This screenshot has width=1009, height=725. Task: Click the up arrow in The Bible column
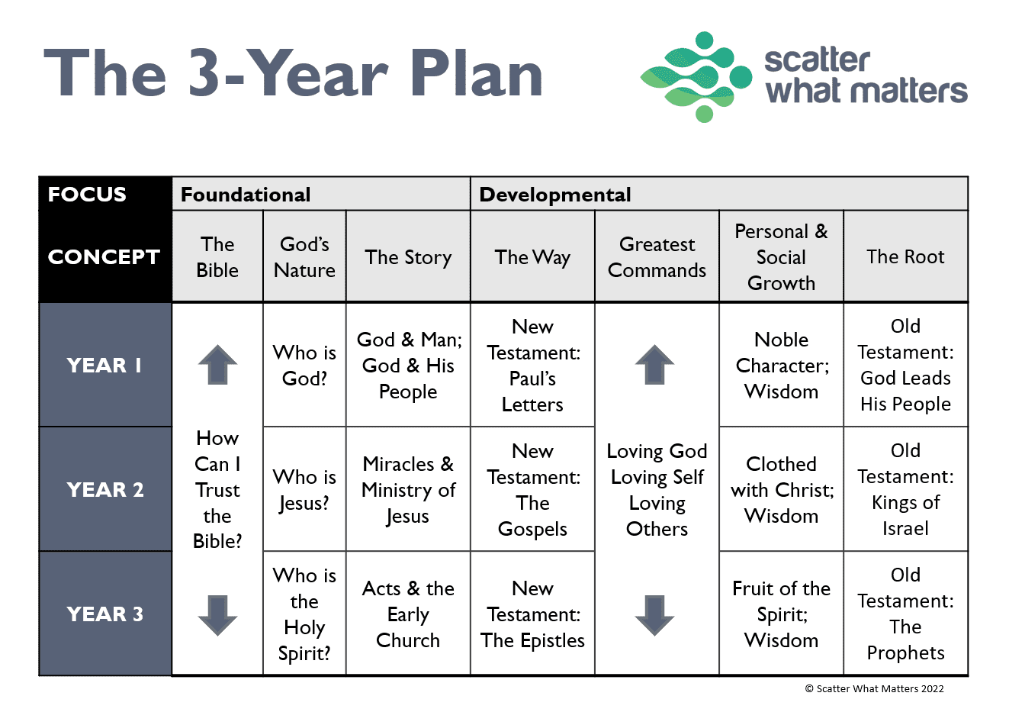(217, 365)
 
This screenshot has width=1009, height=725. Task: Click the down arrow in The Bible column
(217, 615)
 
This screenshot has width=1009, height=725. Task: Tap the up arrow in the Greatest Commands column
(654, 365)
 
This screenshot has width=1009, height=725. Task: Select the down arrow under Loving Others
(654, 615)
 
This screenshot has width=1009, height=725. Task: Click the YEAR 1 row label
(104, 366)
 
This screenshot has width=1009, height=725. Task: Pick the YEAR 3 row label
(104, 614)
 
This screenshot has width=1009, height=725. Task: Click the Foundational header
(246, 195)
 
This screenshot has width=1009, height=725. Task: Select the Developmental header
(555, 195)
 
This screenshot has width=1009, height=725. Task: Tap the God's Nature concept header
(304, 257)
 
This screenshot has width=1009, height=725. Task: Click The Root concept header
(905, 256)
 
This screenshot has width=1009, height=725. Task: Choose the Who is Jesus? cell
(304, 490)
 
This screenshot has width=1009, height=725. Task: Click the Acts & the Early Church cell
(408, 614)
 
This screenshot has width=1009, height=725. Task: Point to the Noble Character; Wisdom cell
(782, 366)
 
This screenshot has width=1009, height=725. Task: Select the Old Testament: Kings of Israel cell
(905, 489)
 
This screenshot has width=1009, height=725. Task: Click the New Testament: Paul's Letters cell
(533, 366)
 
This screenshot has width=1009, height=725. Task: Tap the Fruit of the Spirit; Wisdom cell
(782, 614)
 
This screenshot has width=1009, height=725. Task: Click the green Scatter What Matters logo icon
(696, 77)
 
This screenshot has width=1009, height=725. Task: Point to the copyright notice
(874, 688)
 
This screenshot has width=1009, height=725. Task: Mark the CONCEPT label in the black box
(104, 257)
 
